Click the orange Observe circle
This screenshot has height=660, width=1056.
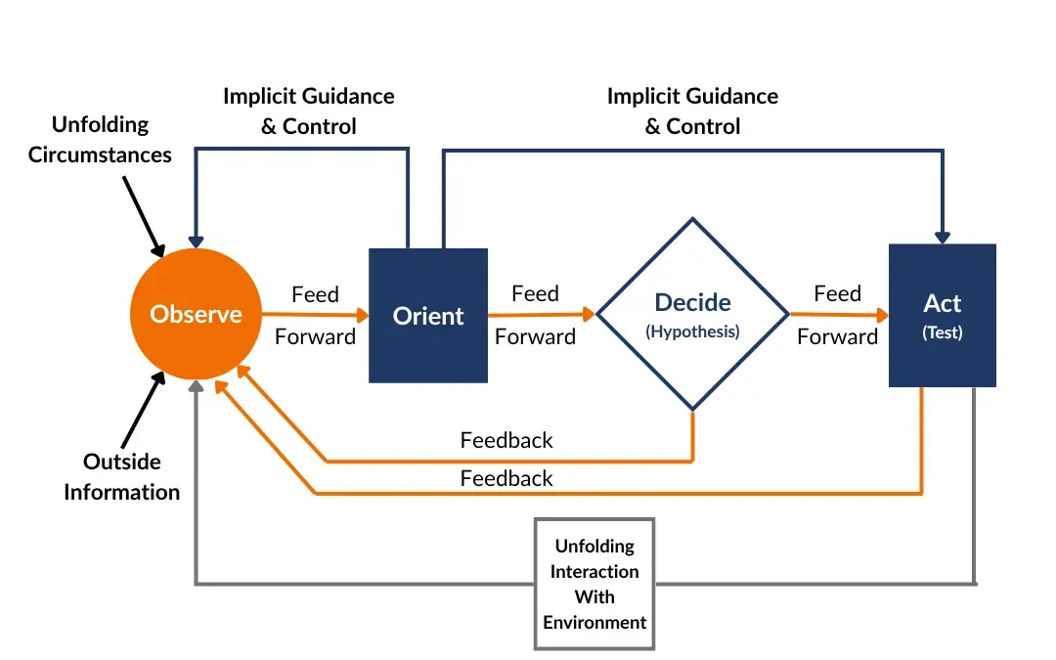197,314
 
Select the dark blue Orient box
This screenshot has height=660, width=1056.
427,315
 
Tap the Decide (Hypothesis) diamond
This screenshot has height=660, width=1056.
692,314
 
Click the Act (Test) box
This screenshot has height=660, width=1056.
942,315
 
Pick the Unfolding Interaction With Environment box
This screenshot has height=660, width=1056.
594,584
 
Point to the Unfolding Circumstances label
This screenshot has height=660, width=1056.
100,139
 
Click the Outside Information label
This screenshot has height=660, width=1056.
122,476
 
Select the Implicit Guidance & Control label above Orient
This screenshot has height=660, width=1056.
308,110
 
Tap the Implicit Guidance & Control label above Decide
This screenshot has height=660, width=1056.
692,110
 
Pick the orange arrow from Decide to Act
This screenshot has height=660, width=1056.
838,315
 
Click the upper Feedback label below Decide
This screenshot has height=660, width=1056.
506,440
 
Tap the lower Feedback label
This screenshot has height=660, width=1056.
506,478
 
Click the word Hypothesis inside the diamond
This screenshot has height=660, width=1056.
692,331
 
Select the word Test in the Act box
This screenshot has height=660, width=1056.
942,332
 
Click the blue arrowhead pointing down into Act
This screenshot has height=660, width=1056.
942,236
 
